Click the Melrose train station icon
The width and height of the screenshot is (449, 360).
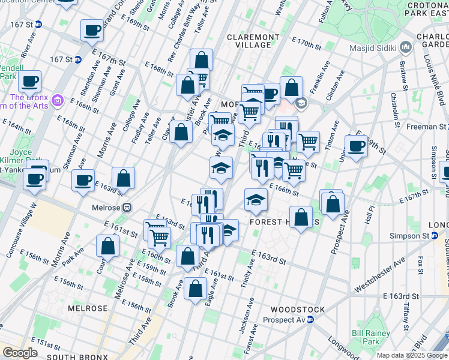(127, 208)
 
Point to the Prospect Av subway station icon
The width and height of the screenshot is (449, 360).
(310, 320)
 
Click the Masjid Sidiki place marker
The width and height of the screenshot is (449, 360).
(406, 47)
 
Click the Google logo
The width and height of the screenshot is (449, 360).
(20, 352)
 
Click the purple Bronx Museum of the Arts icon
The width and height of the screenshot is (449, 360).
(58, 100)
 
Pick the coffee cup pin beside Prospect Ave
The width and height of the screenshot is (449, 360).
(356, 146)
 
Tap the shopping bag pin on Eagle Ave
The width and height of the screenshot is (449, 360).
(196, 289)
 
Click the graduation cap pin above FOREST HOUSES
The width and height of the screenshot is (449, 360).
(256, 200)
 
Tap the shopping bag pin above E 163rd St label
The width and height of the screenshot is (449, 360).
(123, 178)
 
